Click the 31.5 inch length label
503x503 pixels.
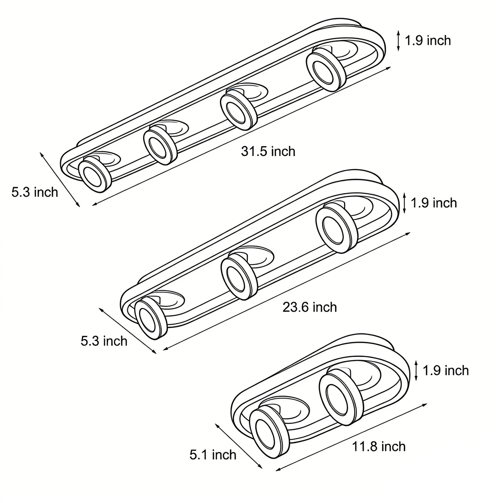point(268,151)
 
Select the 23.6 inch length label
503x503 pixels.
point(309,307)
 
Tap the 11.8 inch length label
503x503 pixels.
point(379,447)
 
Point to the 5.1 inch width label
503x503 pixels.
point(213,455)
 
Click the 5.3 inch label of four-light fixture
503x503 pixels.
point(35,192)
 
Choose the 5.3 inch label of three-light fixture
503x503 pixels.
point(104,341)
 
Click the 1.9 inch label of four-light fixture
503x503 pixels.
point(428,41)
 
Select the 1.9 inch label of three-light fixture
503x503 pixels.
point(434,203)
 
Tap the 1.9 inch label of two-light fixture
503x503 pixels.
point(446,371)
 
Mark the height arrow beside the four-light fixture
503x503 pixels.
point(398,41)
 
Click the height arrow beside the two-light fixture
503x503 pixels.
point(416,370)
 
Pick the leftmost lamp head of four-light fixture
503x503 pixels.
point(95,174)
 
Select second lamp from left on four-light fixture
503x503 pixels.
point(160,145)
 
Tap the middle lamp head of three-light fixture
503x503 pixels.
point(238,278)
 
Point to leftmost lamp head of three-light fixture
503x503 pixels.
point(151,319)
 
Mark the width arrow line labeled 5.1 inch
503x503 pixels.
point(238,445)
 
